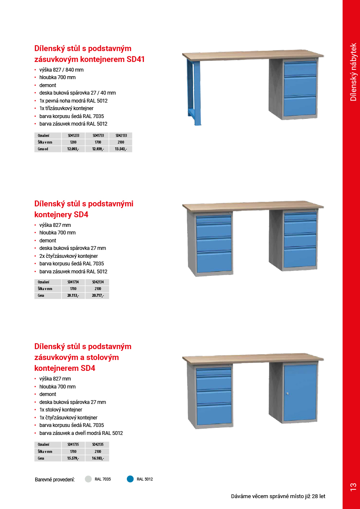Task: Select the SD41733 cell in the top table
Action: (x=98, y=136)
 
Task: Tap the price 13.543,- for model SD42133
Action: (x=121, y=149)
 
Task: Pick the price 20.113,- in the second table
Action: (x=73, y=296)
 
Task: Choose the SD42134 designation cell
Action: (x=98, y=282)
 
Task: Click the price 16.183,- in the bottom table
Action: (x=98, y=458)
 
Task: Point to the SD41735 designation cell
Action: (x=73, y=445)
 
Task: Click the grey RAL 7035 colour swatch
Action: (x=88, y=479)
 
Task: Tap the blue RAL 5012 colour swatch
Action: (x=130, y=479)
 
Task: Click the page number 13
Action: (x=353, y=487)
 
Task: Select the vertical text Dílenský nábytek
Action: (x=353, y=72)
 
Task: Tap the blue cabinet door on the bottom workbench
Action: (x=300, y=392)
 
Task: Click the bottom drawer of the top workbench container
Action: (x=300, y=106)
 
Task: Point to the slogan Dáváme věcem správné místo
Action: (x=278, y=496)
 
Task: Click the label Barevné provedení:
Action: (x=55, y=479)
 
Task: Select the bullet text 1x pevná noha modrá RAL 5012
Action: (x=73, y=101)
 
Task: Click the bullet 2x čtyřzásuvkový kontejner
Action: (x=69, y=256)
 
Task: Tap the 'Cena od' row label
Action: (x=43, y=149)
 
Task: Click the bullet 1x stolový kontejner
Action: (x=61, y=410)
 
